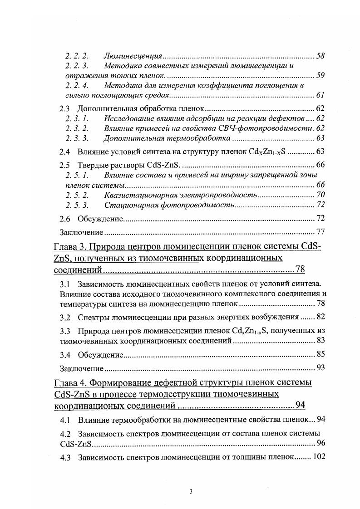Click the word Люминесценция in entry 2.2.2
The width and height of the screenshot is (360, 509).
coord(133,56)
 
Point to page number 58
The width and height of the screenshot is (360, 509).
coord(320,56)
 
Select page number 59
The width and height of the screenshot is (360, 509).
coord(320,75)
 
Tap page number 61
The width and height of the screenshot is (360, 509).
coord(320,95)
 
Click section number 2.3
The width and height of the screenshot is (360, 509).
coord(65,109)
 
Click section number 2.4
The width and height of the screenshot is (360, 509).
coord(65,152)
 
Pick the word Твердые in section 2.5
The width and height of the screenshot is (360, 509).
coord(91,166)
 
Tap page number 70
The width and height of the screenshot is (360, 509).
coord(320,195)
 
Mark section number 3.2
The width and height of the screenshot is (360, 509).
coord(65,317)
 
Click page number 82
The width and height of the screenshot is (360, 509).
coord(320,317)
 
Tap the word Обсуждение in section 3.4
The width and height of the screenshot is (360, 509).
coord(100,354)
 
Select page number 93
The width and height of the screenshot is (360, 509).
coord(320,368)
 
